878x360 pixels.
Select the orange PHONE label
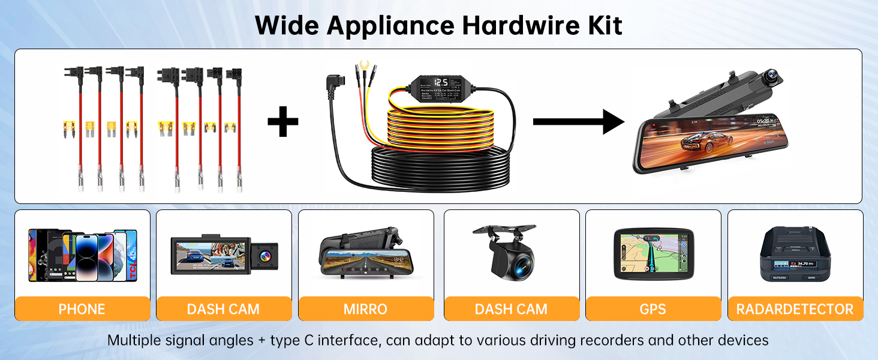(82, 309)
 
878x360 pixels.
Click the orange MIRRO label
(365, 309)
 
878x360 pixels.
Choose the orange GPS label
(653, 309)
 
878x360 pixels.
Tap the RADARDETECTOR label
(795, 309)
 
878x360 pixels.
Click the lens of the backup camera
(521, 262)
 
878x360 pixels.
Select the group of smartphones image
(82, 254)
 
